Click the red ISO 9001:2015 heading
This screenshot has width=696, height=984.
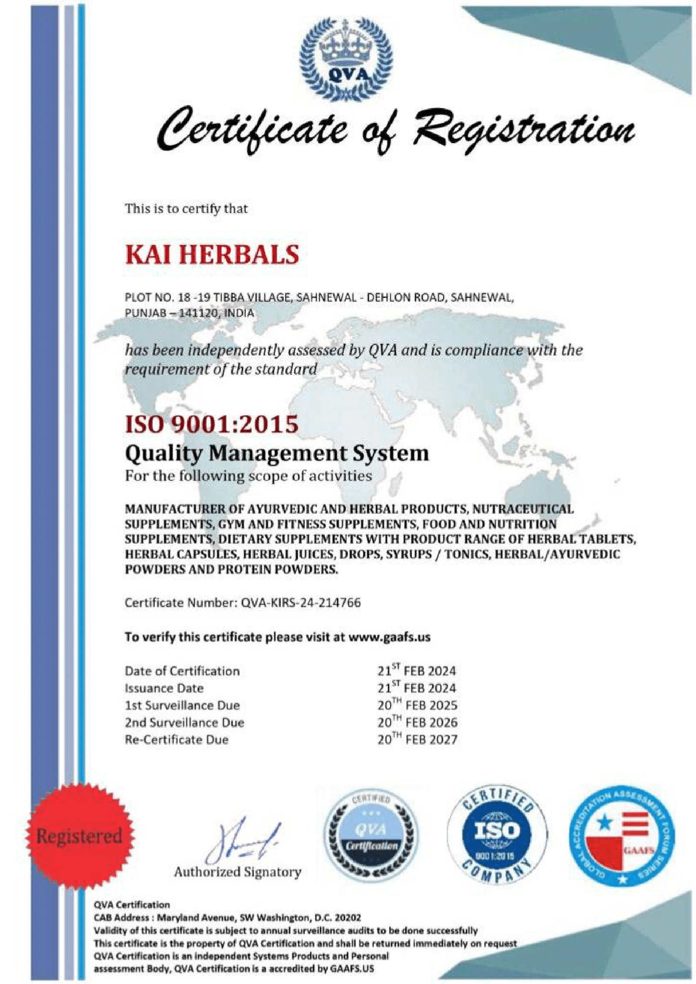211,424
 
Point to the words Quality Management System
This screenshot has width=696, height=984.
277,454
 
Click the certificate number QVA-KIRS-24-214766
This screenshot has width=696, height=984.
300,603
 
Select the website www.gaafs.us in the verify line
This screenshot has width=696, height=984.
390,637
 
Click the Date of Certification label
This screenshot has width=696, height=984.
182,671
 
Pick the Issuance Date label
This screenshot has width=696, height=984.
164,688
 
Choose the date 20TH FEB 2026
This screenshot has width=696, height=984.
417,723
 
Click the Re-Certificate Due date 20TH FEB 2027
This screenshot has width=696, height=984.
417,740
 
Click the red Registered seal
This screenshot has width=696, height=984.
79,836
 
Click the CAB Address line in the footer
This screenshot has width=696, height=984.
228,918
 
